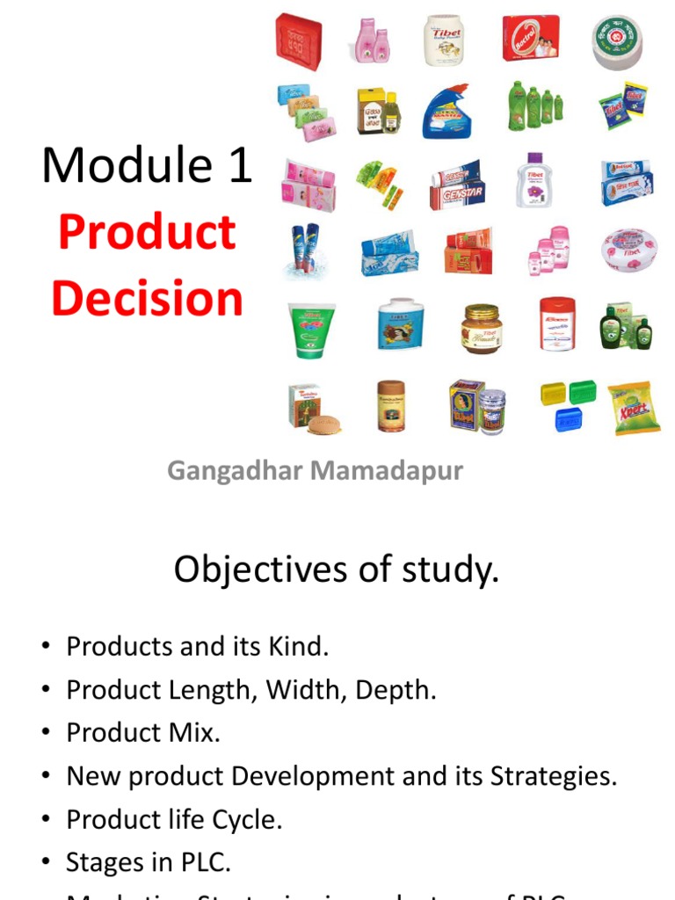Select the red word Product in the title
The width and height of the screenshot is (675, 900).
(147, 232)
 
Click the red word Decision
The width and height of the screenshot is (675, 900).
(147, 298)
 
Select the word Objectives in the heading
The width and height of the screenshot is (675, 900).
(249, 570)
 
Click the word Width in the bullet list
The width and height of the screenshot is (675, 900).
(311, 690)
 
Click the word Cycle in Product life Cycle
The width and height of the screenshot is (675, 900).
(249, 820)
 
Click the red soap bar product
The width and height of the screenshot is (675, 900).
(299, 40)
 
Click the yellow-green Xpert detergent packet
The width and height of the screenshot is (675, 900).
(634, 407)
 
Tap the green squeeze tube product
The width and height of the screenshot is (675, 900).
(312, 329)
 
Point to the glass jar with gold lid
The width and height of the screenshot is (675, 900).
(481, 327)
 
